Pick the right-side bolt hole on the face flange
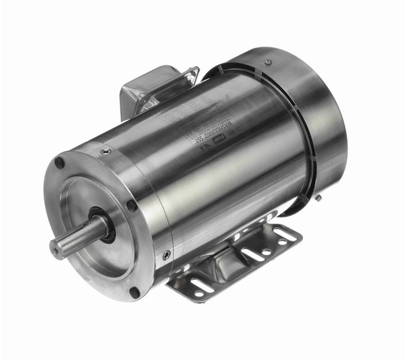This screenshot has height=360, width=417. pos(131,205)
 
